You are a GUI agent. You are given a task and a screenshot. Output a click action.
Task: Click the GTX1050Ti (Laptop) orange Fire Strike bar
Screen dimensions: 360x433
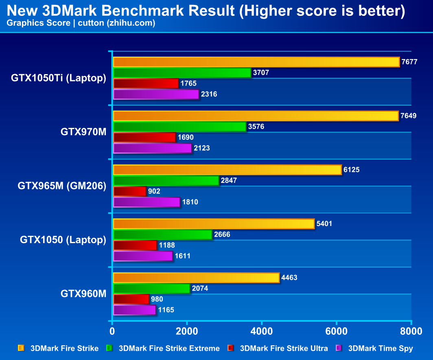tap(256, 62)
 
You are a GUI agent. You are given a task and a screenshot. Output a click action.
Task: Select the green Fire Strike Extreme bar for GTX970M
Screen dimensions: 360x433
tap(179, 127)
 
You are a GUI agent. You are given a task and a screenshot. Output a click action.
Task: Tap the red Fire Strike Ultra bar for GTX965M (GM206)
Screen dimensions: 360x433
tap(129, 191)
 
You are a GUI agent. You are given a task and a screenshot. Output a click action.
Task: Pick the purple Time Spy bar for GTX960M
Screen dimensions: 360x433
tap(134, 310)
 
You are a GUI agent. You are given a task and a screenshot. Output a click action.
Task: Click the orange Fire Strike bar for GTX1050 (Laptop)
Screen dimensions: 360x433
tap(214, 224)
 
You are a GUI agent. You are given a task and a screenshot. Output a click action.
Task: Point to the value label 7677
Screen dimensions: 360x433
tap(409, 62)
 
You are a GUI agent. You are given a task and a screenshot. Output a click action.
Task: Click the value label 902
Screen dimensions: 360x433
tap(154, 191)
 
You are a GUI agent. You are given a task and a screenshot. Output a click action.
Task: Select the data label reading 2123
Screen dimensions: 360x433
tap(202, 148)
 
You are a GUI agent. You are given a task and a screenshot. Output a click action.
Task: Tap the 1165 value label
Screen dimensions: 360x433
tap(166, 310)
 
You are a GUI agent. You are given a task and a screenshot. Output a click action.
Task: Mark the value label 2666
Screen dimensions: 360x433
tap(222, 235)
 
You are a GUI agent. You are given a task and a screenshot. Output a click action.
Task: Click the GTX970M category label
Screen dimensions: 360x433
tap(83, 132)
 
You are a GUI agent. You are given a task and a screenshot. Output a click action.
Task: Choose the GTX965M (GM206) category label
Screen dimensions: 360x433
tap(62, 186)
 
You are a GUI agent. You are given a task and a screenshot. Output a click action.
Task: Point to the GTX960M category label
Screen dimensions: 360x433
tap(83, 294)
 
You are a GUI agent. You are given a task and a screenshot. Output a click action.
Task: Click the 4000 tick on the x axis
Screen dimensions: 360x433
tap(262, 331)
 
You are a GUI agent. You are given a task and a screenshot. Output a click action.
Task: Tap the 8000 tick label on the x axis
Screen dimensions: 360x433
tap(411, 331)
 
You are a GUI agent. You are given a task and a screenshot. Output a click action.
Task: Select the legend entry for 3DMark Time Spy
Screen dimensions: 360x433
tap(381, 348)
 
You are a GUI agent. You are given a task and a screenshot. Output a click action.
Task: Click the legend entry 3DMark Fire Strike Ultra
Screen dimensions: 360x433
tap(284, 348)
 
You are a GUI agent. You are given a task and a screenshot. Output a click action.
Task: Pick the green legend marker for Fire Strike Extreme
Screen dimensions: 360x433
tap(109, 348)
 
